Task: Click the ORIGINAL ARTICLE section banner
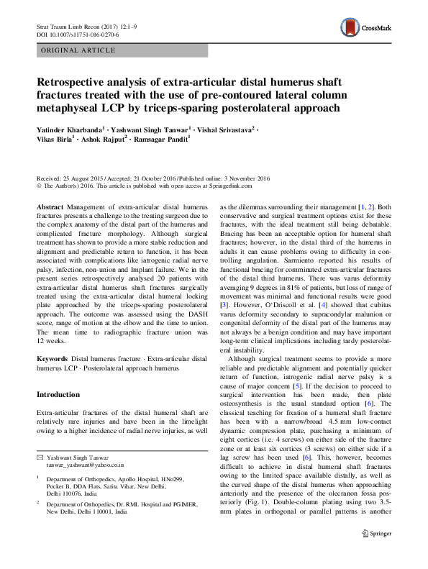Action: point(80,50)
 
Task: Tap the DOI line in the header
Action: point(78,34)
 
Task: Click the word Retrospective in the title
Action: point(77,82)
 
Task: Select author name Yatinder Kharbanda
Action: point(68,129)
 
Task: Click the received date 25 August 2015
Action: point(83,178)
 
